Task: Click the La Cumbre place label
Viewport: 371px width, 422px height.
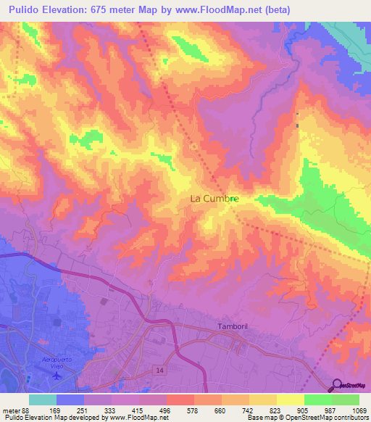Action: (x=214, y=197)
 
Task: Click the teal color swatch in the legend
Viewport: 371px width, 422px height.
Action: (x=43, y=400)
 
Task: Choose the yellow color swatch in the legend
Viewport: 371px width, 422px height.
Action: (x=290, y=400)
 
